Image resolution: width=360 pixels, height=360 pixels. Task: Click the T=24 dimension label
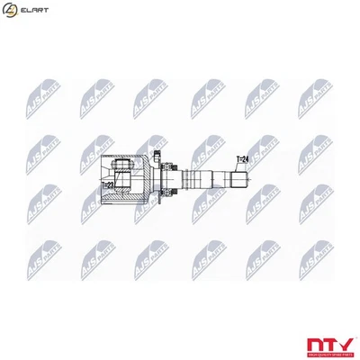(x=243, y=160)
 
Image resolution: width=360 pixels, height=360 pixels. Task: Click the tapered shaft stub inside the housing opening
(x=144, y=176)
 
